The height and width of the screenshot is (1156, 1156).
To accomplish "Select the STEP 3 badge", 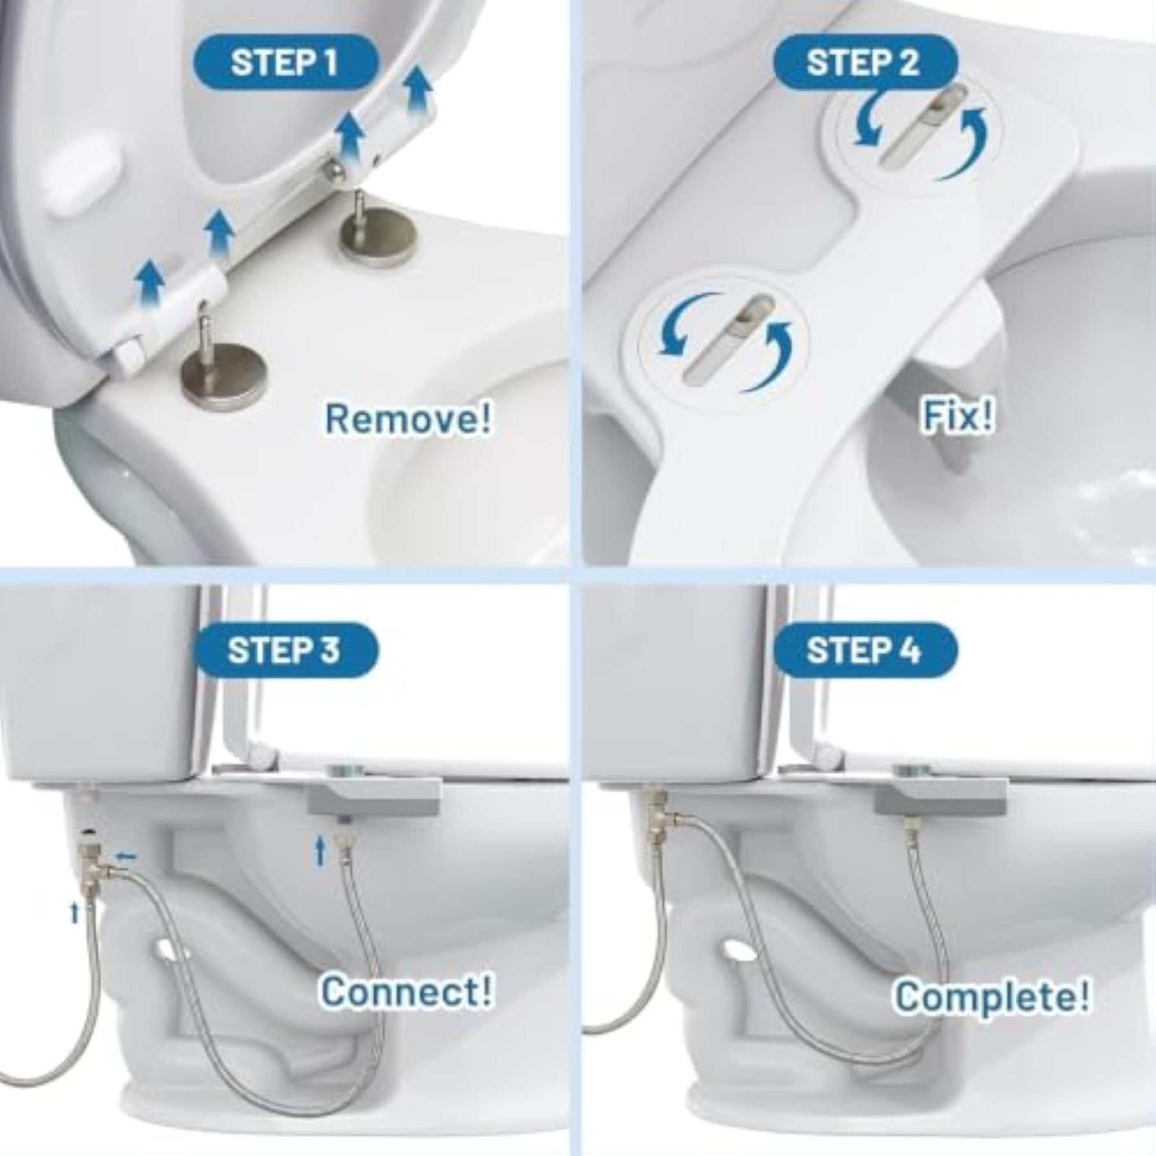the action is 285,650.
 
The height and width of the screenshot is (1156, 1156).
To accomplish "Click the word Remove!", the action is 409,418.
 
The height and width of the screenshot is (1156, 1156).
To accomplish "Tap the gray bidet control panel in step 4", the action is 940,796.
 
